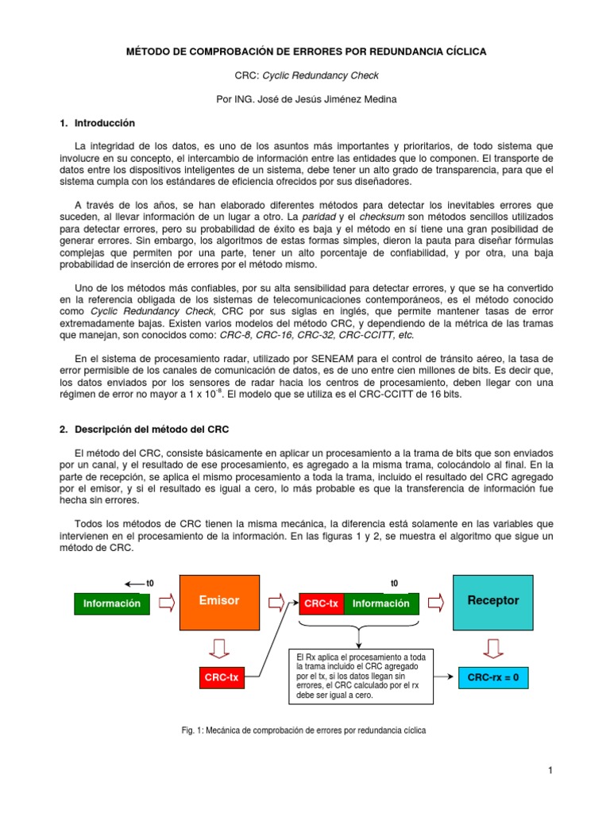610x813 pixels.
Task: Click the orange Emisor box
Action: (219, 600)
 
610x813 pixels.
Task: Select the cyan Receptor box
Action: (492, 600)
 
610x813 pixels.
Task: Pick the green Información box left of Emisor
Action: (112, 603)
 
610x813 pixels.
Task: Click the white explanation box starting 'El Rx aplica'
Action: (361, 676)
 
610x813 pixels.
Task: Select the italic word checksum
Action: (380, 216)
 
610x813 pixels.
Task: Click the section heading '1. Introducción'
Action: (98, 123)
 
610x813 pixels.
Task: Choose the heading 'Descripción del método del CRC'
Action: (152, 430)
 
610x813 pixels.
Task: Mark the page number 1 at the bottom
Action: (549, 770)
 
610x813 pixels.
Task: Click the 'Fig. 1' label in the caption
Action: (193, 730)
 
